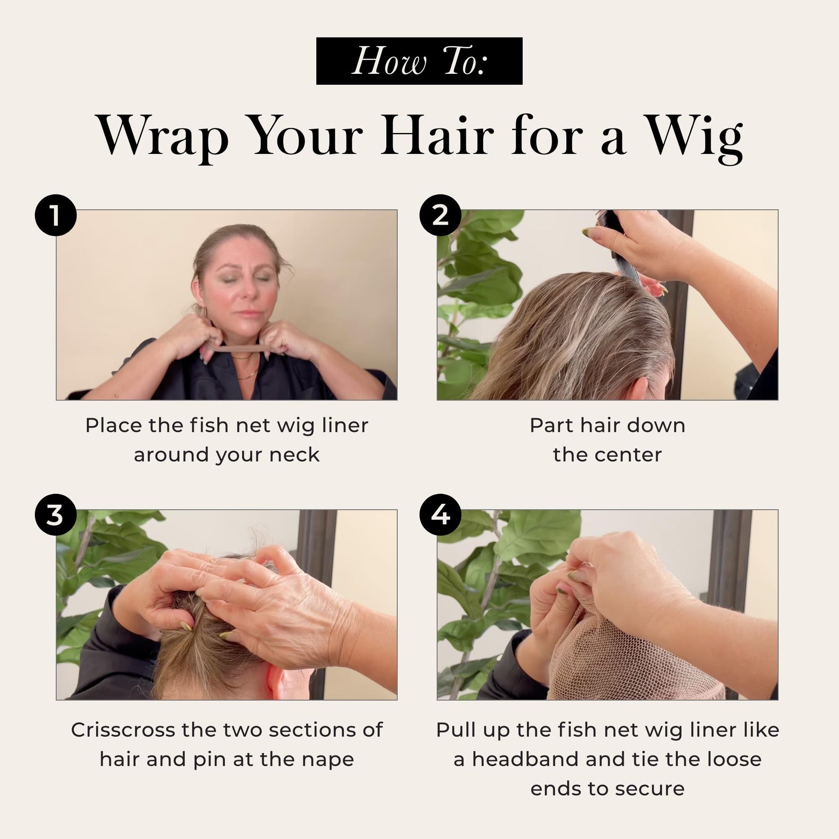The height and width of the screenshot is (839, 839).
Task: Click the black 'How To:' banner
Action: [x=419, y=61]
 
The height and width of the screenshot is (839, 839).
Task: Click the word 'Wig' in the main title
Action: [x=695, y=137]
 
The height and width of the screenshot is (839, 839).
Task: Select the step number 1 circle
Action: [x=55, y=215]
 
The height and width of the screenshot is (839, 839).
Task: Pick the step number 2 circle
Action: [x=440, y=215]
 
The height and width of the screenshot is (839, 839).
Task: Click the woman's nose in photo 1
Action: [x=248, y=294]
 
